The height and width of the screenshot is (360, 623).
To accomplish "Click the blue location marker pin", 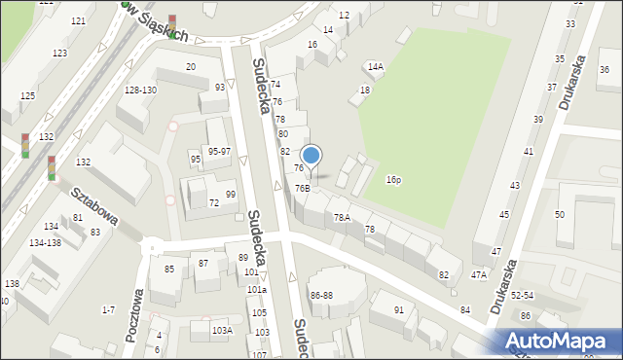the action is point(311,157).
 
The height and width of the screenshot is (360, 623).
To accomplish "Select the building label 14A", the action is point(375,66).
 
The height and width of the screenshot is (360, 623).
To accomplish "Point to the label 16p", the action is point(393,180).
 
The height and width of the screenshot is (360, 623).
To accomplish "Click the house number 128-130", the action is point(140,90).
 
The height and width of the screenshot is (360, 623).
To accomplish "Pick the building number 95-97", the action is point(219,151).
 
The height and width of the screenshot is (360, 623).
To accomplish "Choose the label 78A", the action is point(342,217).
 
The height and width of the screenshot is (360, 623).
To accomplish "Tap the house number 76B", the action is point(303,188).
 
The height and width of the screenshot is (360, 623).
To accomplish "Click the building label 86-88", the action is point(321,294).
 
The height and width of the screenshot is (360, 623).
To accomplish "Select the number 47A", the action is point(478,275).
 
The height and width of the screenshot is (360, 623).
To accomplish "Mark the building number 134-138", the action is point(45,241).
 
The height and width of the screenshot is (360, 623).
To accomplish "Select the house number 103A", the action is point(222,330).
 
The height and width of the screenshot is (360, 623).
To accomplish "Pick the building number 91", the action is point(399,309).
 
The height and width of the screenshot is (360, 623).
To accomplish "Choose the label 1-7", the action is point(108,309).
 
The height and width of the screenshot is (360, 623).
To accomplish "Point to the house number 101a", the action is point(256,290).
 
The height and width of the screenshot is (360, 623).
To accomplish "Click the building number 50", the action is point(560,214).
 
